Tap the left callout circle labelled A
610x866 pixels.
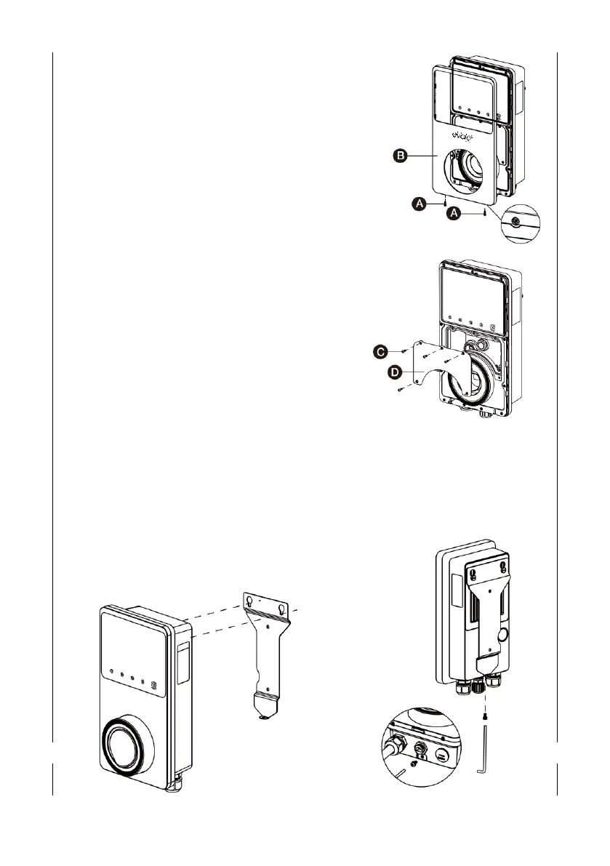click(419, 206)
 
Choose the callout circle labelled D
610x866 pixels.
click(394, 372)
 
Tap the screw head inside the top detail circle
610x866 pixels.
click(516, 220)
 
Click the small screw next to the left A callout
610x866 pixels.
click(444, 204)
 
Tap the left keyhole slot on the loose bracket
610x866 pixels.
click(250, 602)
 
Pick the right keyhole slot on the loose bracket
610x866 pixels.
click(281, 602)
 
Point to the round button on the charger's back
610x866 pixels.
click(501, 636)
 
